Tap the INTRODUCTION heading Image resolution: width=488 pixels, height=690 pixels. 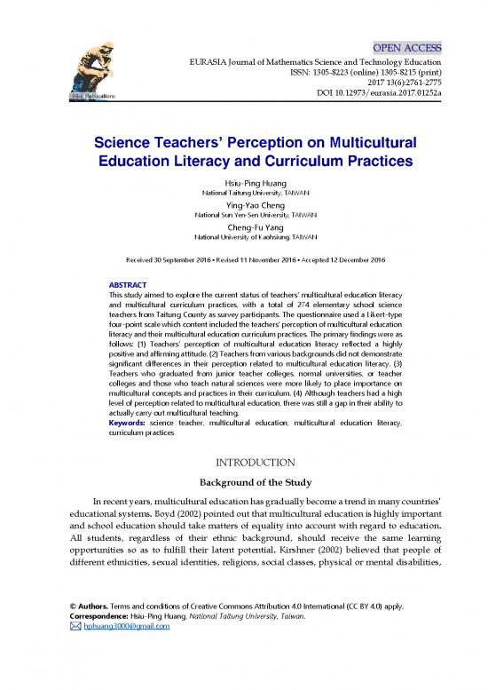pyautogui.click(x=244, y=463)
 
